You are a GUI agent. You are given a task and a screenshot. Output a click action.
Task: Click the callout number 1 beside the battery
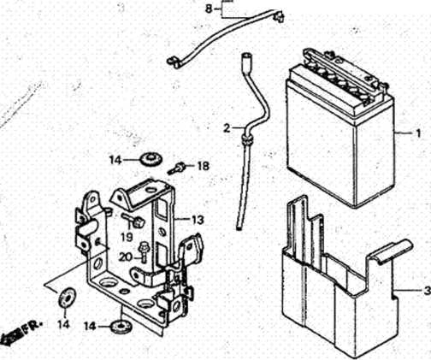[x=418, y=133]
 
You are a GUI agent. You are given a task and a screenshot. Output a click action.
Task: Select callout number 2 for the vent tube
[x=227, y=128]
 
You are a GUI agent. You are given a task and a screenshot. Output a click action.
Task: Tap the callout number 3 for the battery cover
[x=427, y=291]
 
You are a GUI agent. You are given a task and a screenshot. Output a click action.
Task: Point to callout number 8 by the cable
[x=209, y=9]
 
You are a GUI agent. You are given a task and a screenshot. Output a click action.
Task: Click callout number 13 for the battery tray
[x=198, y=220]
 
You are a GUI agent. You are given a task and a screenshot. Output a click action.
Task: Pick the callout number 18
[x=203, y=166]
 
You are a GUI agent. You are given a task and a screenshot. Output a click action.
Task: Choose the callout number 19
[x=127, y=237]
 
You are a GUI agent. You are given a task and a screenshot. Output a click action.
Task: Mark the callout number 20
[x=126, y=257]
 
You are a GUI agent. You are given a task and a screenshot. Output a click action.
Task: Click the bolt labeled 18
[x=176, y=168]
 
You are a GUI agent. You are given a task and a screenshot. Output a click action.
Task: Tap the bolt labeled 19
[x=134, y=220]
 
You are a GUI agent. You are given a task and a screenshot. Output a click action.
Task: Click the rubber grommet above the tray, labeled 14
[x=151, y=159]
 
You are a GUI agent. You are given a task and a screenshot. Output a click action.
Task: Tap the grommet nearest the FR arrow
[x=66, y=298]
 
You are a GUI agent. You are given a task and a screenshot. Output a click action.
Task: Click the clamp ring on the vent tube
[x=247, y=139]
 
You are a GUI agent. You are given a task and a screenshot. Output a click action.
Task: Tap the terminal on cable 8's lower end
[x=174, y=62]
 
